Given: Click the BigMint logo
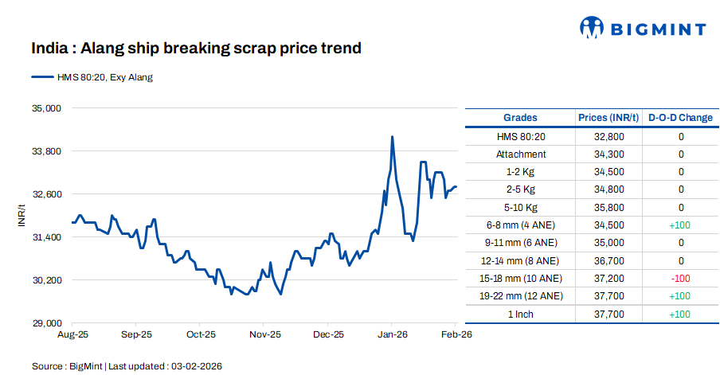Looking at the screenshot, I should (x=642, y=29).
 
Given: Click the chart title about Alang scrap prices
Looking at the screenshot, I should (x=196, y=49).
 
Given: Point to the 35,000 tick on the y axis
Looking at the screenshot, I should (x=46, y=107).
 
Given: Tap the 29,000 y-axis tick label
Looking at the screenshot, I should (x=46, y=323).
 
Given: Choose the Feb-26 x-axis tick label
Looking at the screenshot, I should (x=456, y=335).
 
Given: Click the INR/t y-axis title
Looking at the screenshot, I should (x=22, y=216).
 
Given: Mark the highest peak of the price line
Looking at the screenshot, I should (x=392, y=137).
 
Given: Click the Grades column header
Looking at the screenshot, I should (x=520, y=118).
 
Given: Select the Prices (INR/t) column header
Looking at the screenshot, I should (x=608, y=118).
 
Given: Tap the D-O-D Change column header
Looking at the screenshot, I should (x=680, y=118).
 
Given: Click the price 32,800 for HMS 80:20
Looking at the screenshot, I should (x=608, y=137).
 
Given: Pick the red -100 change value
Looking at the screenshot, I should (x=680, y=278).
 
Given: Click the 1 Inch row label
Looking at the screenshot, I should (x=521, y=314).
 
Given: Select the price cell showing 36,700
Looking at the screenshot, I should (x=608, y=260).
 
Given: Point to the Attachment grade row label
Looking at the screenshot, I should (x=521, y=154).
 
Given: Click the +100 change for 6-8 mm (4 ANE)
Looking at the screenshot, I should (x=680, y=225).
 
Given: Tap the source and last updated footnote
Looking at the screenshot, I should (x=127, y=365).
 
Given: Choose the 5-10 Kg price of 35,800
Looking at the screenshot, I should (x=608, y=208).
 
